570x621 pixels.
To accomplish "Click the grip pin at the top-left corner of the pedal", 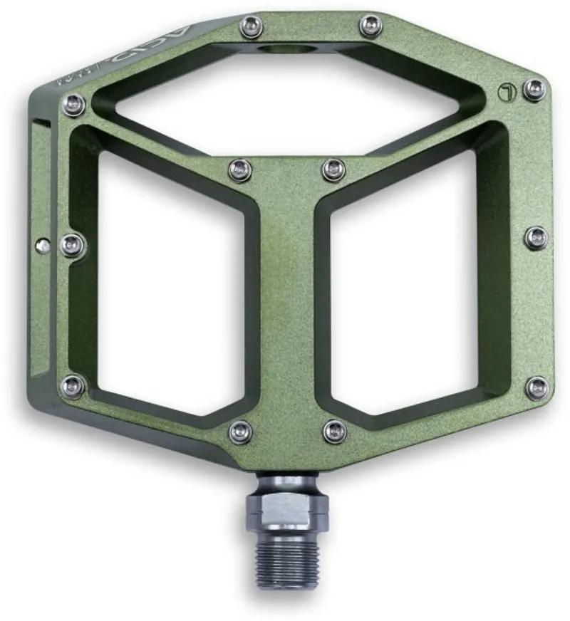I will pyautogui.click(x=73, y=105).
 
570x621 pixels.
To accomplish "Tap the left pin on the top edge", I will pyautogui.click(x=251, y=28).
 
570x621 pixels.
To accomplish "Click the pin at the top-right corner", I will pyautogui.click(x=534, y=89).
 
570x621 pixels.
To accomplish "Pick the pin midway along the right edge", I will pyautogui.click(x=536, y=237).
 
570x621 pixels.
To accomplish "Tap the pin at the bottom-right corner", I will pyautogui.click(x=537, y=387).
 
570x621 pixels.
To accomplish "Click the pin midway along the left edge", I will pyautogui.click(x=73, y=245).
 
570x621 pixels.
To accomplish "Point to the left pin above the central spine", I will pyautogui.click(x=241, y=170).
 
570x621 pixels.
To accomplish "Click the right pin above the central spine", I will pyautogui.click(x=333, y=169).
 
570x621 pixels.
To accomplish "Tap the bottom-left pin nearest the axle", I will pyautogui.click(x=241, y=431).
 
